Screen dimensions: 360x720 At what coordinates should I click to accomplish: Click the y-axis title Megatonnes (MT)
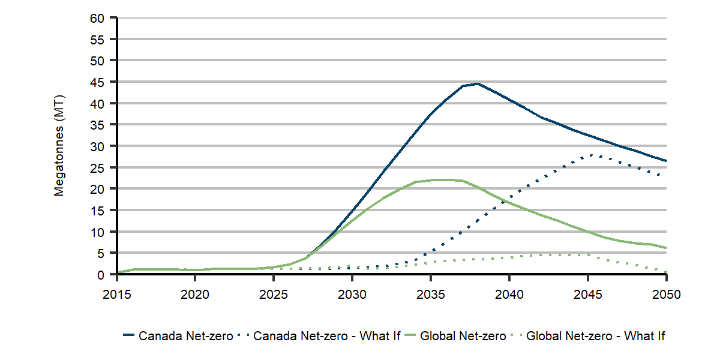(x=59, y=146)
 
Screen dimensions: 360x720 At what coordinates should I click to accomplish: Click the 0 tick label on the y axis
(x=101, y=275)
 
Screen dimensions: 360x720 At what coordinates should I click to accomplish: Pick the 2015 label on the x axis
(x=116, y=295)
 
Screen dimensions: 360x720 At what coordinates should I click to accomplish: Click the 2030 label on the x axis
(x=352, y=295)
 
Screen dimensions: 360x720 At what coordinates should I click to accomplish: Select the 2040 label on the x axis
(x=509, y=295)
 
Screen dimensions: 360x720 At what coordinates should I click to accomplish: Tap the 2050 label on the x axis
(x=666, y=295)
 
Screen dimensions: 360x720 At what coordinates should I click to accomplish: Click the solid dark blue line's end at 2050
(x=666, y=161)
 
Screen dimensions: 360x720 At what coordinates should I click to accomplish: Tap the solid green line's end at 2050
(x=666, y=248)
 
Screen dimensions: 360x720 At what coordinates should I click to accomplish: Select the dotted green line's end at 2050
(x=666, y=271)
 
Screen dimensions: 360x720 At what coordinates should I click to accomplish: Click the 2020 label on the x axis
(x=195, y=295)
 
